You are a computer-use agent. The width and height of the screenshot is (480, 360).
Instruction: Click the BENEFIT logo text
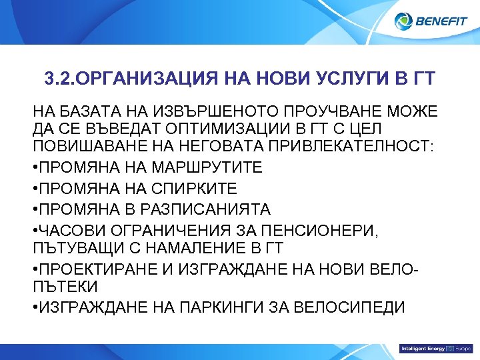[x=442, y=21]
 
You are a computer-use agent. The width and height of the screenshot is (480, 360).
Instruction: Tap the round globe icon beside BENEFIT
[x=403, y=21]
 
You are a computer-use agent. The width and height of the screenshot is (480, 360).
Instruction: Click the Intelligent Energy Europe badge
[x=435, y=349]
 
